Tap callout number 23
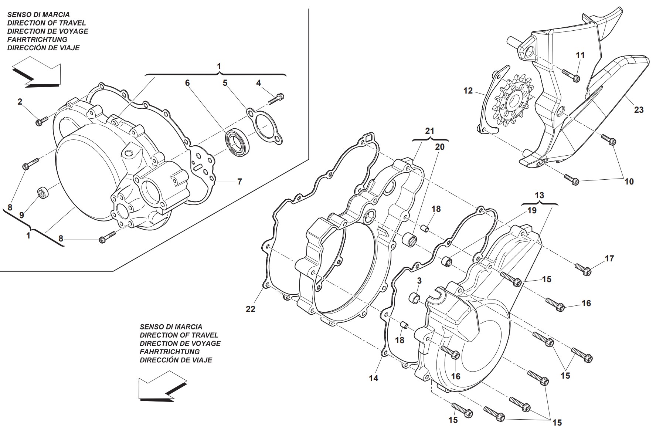tap(639, 110)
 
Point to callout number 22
tap(251, 309)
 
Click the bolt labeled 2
tap(42, 121)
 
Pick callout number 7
tap(239, 182)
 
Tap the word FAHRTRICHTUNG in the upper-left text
tap(37, 40)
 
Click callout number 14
tap(374, 378)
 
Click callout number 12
tap(468, 91)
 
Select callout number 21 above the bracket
tap(429, 131)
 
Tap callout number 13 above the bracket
tap(539, 195)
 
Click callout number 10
tap(629, 181)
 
